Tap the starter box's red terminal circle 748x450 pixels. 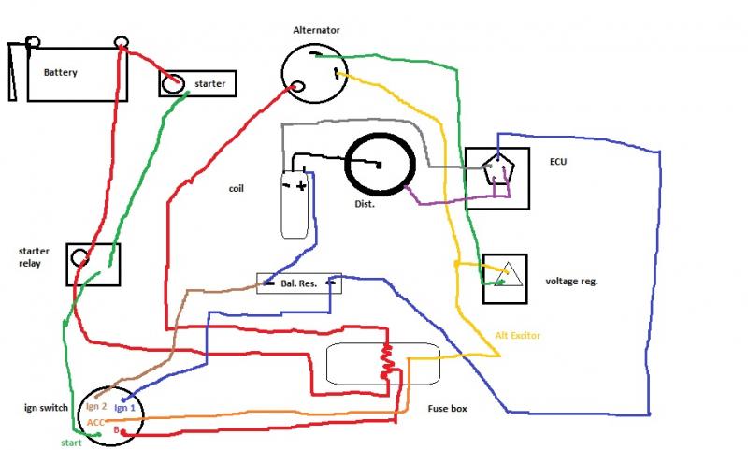(172, 84)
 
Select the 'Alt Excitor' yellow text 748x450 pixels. (518, 335)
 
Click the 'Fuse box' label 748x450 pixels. (447, 408)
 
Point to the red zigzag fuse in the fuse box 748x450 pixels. (385, 363)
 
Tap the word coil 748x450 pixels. (237, 188)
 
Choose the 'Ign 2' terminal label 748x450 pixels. (96, 407)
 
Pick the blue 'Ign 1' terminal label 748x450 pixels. (125, 408)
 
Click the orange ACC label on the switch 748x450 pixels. (96, 423)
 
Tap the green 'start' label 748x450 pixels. (71, 442)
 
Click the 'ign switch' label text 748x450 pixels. (44, 408)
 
